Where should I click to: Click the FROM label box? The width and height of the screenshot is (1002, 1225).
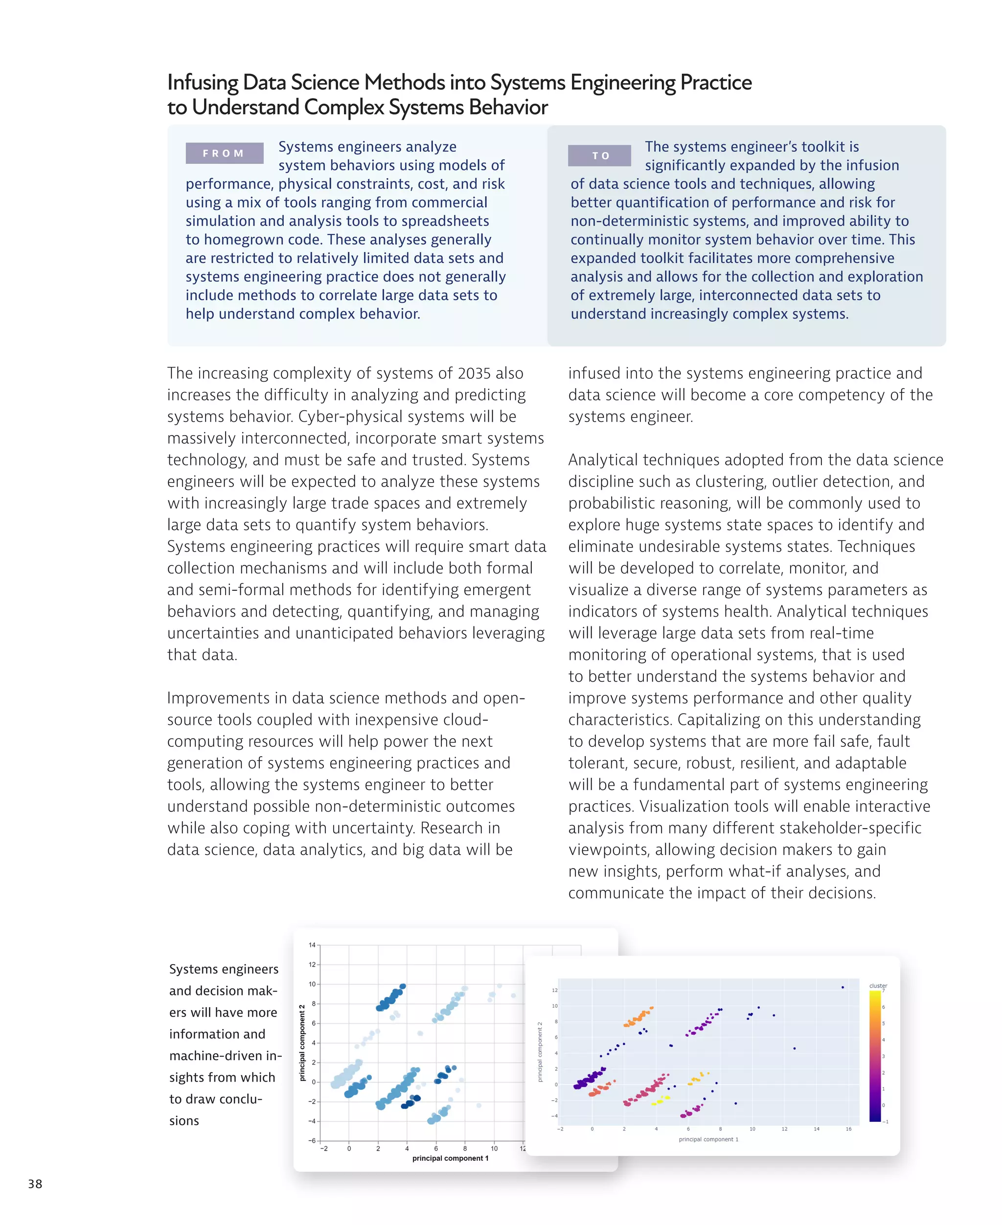click(x=224, y=153)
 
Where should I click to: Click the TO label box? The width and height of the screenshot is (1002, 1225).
click(x=599, y=155)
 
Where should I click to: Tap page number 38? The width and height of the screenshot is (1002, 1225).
click(x=35, y=1183)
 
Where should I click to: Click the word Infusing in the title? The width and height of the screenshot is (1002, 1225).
click(x=202, y=83)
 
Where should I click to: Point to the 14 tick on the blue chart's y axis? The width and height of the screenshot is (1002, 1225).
click(x=312, y=945)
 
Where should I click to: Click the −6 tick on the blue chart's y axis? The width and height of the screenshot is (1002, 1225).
click(x=312, y=1140)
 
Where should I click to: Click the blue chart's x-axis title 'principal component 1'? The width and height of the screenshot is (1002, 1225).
click(x=450, y=1158)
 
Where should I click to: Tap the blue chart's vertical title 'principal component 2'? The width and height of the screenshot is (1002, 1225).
click(x=302, y=1042)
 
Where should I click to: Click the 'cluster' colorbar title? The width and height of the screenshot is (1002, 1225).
click(x=878, y=985)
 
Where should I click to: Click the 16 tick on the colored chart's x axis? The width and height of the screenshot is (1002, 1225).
click(x=848, y=1129)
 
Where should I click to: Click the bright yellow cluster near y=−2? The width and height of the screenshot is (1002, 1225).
click(x=661, y=1100)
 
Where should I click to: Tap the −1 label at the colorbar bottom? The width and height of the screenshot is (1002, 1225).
click(x=886, y=1121)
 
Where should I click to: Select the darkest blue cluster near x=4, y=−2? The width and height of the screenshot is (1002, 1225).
click(x=410, y=1103)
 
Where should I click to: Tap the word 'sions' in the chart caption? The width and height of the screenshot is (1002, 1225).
click(x=184, y=1121)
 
